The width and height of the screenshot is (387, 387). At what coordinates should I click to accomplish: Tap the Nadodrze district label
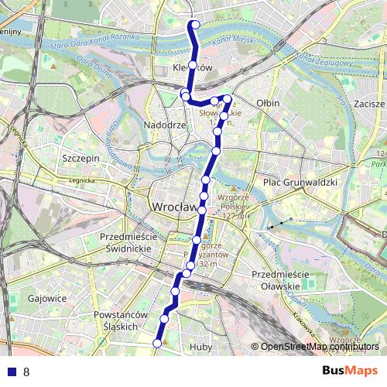pyautogui.click(x=165, y=125)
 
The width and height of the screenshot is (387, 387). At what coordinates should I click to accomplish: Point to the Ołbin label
pyautogui.click(x=268, y=102)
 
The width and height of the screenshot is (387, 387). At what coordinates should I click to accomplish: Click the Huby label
pyautogui.click(x=200, y=348)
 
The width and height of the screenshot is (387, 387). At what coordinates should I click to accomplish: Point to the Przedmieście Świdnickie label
pyautogui.click(x=128, y=242)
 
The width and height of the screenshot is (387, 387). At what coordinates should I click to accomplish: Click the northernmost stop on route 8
pyautogui.click(x=194, y=25)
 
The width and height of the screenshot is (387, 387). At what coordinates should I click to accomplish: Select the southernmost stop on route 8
pyautogui.click(x=157, y=343)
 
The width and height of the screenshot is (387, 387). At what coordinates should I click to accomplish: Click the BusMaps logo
pyautogui.click(x=349, y=372)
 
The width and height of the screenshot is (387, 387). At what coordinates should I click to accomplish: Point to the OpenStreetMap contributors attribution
pyautogui.click(x=319, y=347)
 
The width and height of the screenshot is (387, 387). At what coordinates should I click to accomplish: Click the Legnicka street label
pyautogui.click(x=80, y=180)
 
